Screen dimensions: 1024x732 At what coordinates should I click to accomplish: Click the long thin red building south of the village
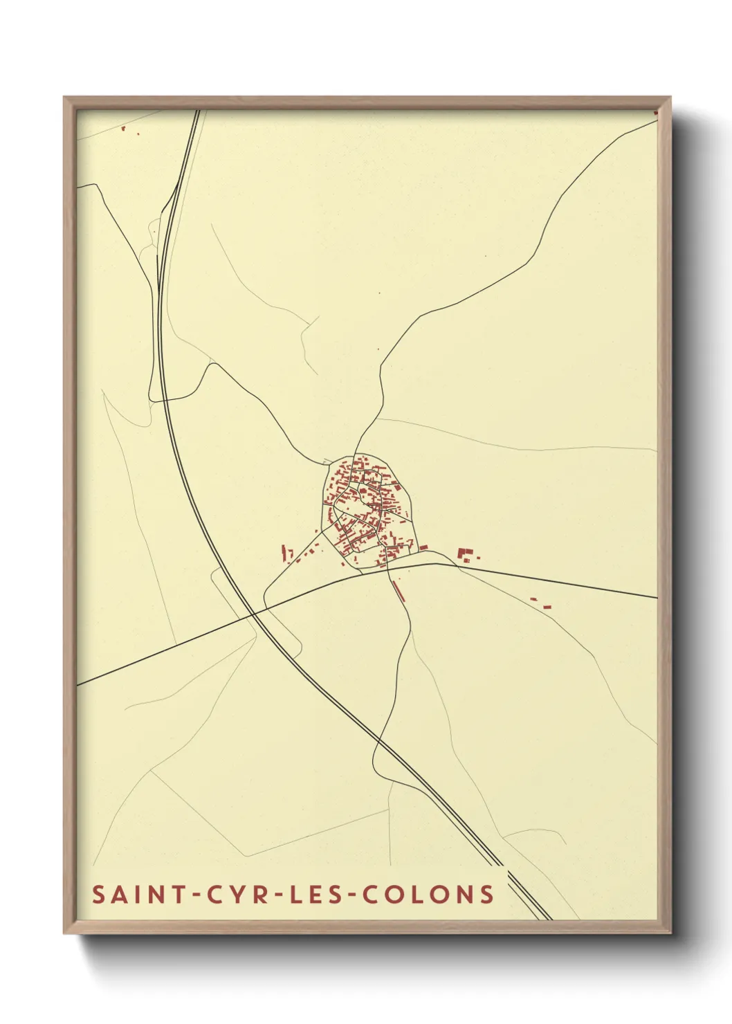click(x=397, y=590)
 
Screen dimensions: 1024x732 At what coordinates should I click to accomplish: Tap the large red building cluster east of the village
click(x=466, y=554)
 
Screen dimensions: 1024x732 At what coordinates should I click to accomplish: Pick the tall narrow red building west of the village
click(x=284, y=553)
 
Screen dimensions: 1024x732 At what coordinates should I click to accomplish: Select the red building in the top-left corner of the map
click(x=122, y=128)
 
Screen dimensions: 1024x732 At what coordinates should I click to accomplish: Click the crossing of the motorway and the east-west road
click(x=253, y=612)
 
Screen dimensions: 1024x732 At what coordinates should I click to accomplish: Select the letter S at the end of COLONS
click(x=487, y=894)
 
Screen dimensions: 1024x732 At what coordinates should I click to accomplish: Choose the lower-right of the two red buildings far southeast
click(x=547, y=607)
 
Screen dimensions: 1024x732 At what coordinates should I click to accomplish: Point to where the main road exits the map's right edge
click(x=656, y=598)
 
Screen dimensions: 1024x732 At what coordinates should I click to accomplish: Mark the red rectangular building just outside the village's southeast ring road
click(x=423, y=548)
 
